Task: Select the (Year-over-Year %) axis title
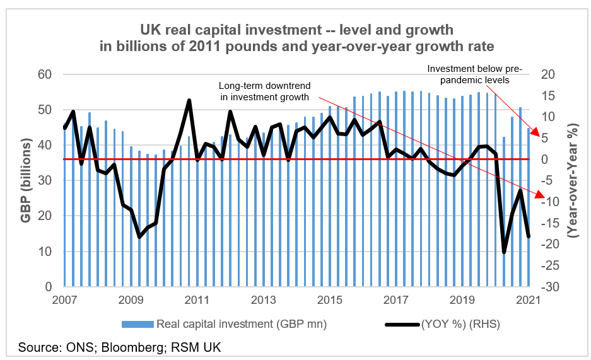[573, 182]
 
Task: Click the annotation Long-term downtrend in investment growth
[264, 91]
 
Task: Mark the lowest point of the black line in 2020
[504, 252]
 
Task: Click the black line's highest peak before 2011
[189, 100]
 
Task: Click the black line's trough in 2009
[139, 237]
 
